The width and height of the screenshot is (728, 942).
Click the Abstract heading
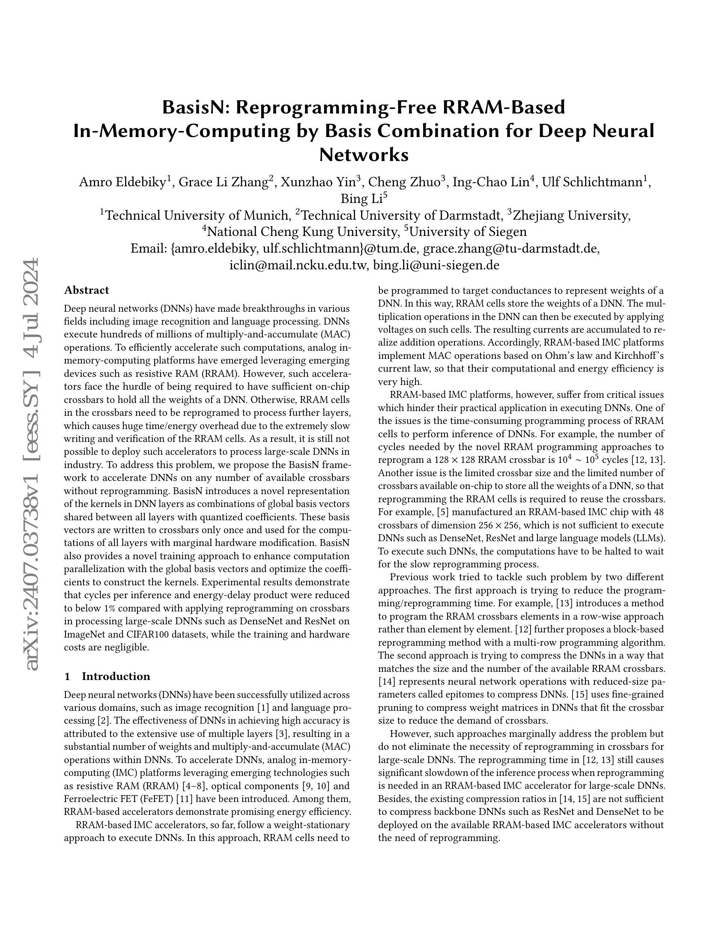click(86, 290)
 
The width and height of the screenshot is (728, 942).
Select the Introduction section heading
click(116, 676)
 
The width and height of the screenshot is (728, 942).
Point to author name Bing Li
click(361, 199)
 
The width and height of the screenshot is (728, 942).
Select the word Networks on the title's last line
click(364, 154)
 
